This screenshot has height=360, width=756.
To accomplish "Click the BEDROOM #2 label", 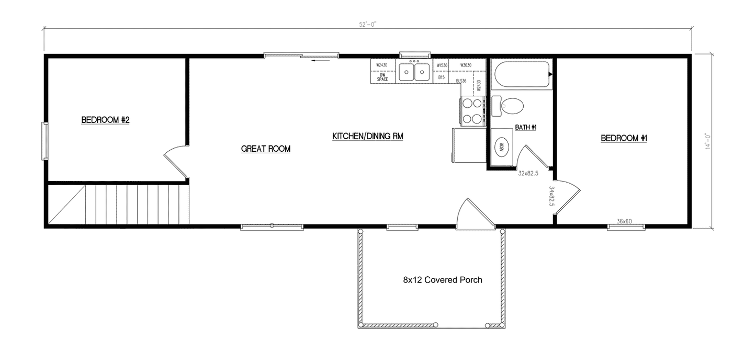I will click(105, 120).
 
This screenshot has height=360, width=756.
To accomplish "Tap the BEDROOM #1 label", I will click(624, 138).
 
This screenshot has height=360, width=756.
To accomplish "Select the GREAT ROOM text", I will click(265, 149).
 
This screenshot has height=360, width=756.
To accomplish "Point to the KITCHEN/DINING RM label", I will click(368, 136).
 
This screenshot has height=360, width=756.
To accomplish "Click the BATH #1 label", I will click(526, 127).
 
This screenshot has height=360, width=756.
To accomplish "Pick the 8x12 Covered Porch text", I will click(442, 280).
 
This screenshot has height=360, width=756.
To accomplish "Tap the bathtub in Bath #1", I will click(521, 75).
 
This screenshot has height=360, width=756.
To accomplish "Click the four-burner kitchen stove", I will click(472, 111).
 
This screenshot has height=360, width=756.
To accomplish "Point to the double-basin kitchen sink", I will click(414, 72).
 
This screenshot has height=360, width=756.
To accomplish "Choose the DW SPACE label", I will click(382, 77).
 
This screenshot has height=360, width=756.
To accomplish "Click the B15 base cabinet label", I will click(441, 77).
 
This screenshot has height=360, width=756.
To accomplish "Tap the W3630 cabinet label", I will click(466, 65).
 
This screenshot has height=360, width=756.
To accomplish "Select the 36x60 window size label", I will click(624, 221).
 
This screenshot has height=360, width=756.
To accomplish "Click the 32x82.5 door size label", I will click(528, 173).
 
